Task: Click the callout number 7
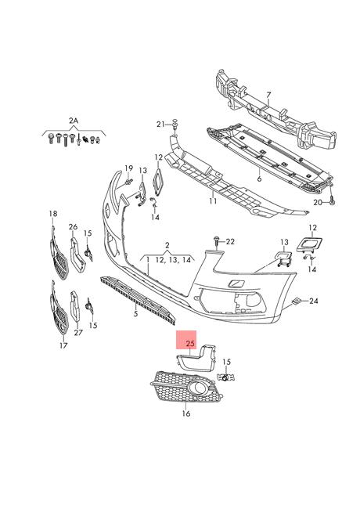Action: click(268, 95)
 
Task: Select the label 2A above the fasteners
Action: click(74, 121)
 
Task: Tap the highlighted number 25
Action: click(190, 343)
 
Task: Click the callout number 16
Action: click(186, 413)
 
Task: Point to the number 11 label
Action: click(213, 201)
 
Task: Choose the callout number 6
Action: click(259, 179)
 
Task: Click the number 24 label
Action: click(313, 301)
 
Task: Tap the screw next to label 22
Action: click(217, 241)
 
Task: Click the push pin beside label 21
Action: click(175, 125)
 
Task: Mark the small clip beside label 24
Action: click(296, 301)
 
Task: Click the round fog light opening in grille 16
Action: click(196, 387)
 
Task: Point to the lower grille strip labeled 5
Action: click(138, 300)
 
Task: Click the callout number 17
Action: click(63, 346)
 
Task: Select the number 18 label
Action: click(53, 214)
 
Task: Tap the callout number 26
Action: click(74, 226)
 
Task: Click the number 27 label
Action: click(78, 332)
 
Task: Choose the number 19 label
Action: click(129, 168)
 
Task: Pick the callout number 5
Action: click(136, 314)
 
